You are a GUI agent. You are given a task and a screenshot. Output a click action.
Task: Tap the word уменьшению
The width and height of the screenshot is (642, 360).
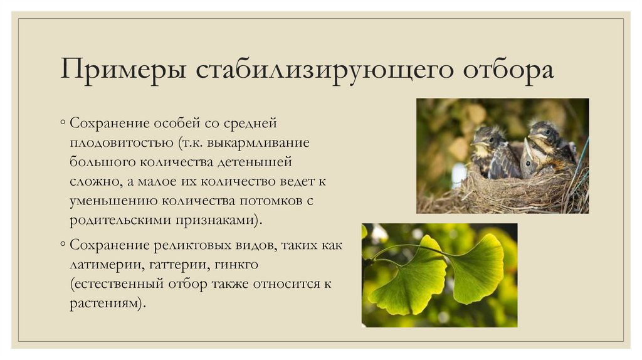click(113, 201)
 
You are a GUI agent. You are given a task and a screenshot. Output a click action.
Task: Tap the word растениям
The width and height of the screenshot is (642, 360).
click(108, 304)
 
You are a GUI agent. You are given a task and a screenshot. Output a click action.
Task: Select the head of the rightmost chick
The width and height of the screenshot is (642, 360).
click(543, 134)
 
